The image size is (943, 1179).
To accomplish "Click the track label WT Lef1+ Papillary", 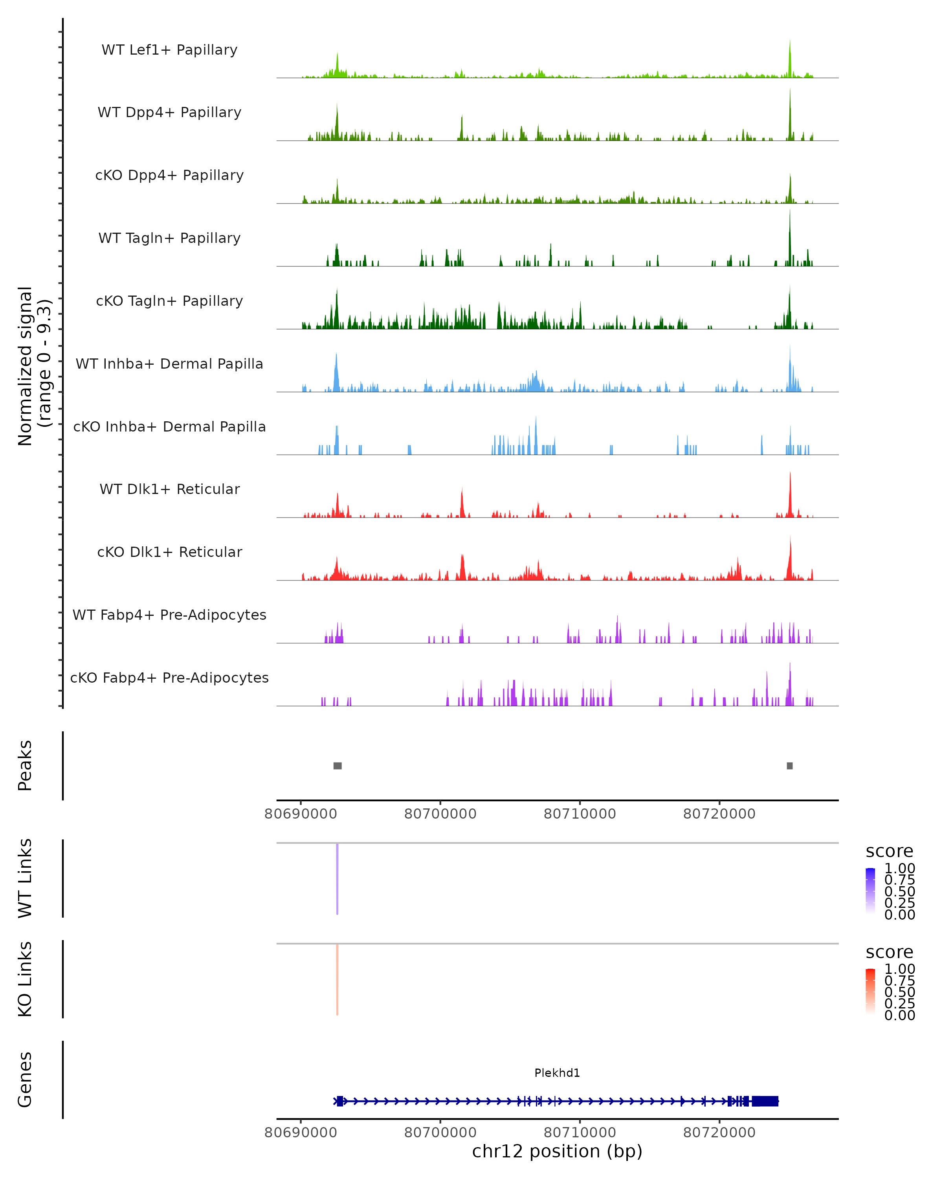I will coord(169,50).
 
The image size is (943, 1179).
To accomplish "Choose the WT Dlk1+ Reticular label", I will coord(169,489).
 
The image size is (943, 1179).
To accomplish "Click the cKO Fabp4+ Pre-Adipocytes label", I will coord(169,678).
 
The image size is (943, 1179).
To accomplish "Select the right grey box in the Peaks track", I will coord(789,766).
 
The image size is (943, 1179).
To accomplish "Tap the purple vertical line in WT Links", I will coord(337,879).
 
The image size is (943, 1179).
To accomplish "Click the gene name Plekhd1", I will coord(557,1073).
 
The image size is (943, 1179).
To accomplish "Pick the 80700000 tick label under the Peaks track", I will coord(440,814).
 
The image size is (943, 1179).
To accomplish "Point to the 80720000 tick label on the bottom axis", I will coord(719,1133).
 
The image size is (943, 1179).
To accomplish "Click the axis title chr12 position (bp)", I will coord(557,1151).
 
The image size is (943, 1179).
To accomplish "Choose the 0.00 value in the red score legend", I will coord(899,1016).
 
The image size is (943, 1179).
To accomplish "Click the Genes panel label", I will coord(25,1080).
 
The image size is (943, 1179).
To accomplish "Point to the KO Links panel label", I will coord(25,979).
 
